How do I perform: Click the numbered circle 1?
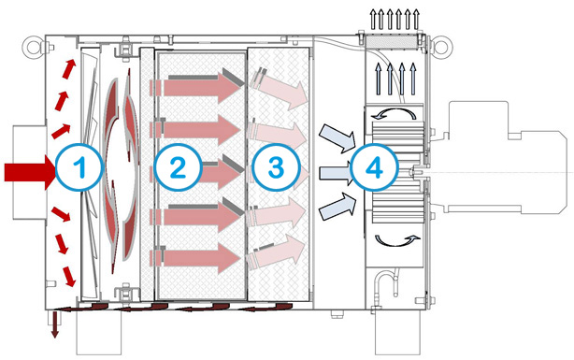[x=79, y=167]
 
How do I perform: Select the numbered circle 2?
[x=178, y=167]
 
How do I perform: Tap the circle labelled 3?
[x=276, y=167]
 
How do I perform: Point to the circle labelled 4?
[x=375, y=167]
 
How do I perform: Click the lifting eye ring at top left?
[x=32, y=47]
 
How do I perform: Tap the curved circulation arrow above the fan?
[x=394, y=109]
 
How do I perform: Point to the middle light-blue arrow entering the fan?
[x=336, y=173]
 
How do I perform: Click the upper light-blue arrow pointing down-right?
[x=337, y=138]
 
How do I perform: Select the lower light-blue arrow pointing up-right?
[x=337, y=207]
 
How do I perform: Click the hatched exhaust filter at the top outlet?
[x=395, y=41]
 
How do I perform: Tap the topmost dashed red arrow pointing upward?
[x=69, y=69]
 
